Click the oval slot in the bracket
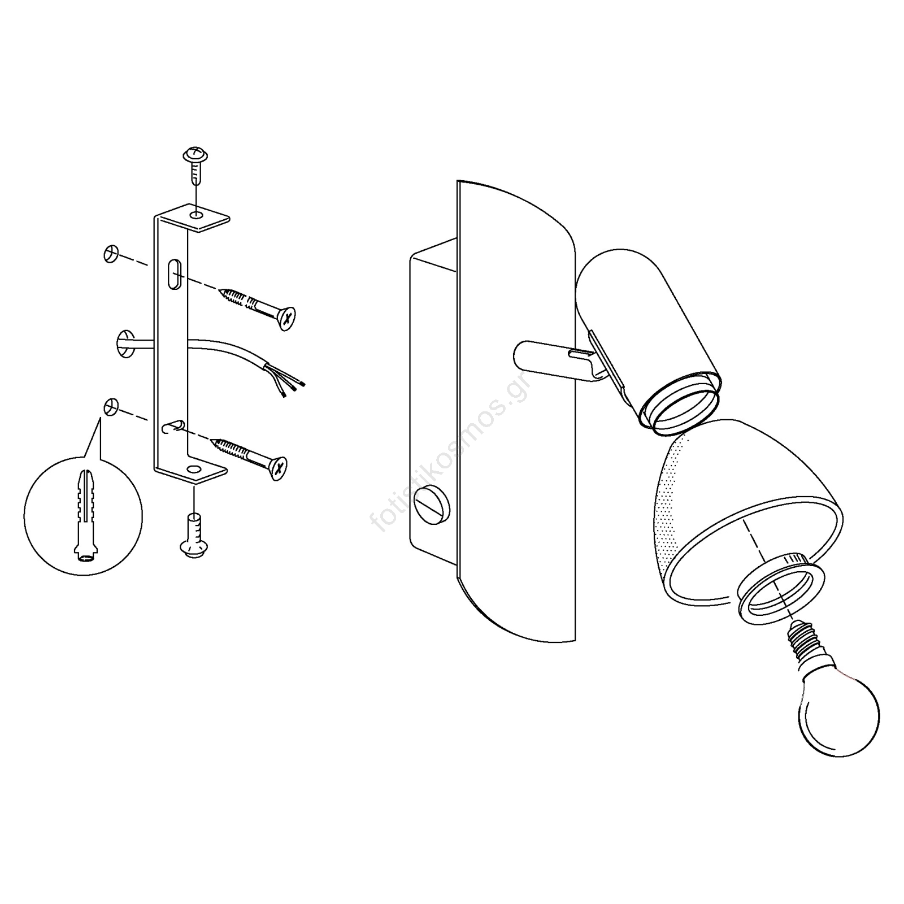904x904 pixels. tap(175, 273)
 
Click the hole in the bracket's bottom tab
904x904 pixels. tap(194, 469)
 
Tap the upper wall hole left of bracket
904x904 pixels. tap(110, 254)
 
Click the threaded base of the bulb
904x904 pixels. tap(806, 641)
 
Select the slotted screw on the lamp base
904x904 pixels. tap(433, 504)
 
